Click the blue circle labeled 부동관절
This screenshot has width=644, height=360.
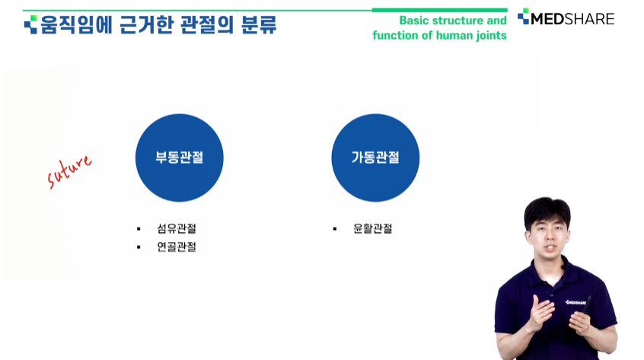(180, 158)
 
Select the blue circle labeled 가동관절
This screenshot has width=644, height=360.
(375, 158)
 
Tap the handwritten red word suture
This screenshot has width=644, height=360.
(69, 171)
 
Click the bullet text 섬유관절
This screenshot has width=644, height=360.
(177, 228)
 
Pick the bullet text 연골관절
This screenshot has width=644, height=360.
(177, 247)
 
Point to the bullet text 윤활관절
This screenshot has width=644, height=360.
(372, 228)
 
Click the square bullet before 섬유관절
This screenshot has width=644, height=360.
(139, 229)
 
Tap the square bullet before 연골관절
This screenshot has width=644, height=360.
(139, 247)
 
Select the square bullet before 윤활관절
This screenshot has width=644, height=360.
(335, 229)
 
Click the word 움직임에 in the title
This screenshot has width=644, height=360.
(76, 24)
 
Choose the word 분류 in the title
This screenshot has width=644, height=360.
(259, 24)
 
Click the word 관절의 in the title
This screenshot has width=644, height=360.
(207, 24)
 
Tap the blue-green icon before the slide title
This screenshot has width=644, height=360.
(30, 24)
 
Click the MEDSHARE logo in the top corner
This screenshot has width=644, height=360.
(566, 18)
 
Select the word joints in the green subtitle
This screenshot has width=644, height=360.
(492, 36)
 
